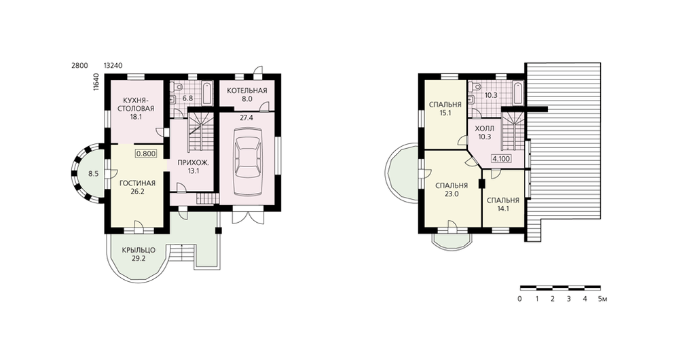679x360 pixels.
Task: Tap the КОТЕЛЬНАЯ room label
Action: [x=247, y=90]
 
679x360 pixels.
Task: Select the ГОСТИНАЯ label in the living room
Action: [x=137, y=183]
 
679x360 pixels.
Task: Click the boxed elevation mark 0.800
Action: [x=146, y=154]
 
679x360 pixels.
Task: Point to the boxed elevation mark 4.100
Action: [x=501, y=158]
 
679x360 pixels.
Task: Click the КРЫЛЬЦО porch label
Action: [x=139, y=251]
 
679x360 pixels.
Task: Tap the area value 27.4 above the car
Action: [x=246, y=118]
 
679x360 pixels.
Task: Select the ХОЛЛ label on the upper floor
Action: [x=485, y=128]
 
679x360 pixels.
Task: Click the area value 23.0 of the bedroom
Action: [x=452, y=194]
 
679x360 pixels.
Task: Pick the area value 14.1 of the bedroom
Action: [x=502, y=209]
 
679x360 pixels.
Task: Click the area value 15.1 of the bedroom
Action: [x=445, y=113]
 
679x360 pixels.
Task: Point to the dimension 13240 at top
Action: [x=113, y=65]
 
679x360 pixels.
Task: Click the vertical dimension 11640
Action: [x=96, y=82]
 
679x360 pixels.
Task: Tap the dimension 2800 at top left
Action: [x=79, y=65]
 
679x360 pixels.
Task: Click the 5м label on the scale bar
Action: [x=602, y=299]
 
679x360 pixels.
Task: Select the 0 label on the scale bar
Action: [x=519, y=299]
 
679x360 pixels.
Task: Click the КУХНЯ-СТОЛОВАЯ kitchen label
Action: [x=136, y=103]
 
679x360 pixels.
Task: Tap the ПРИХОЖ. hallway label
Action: [x=188, y=163]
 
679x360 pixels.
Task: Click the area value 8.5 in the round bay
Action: [x=92, y=174]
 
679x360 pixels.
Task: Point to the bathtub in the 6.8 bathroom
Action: [x=207, y=92]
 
